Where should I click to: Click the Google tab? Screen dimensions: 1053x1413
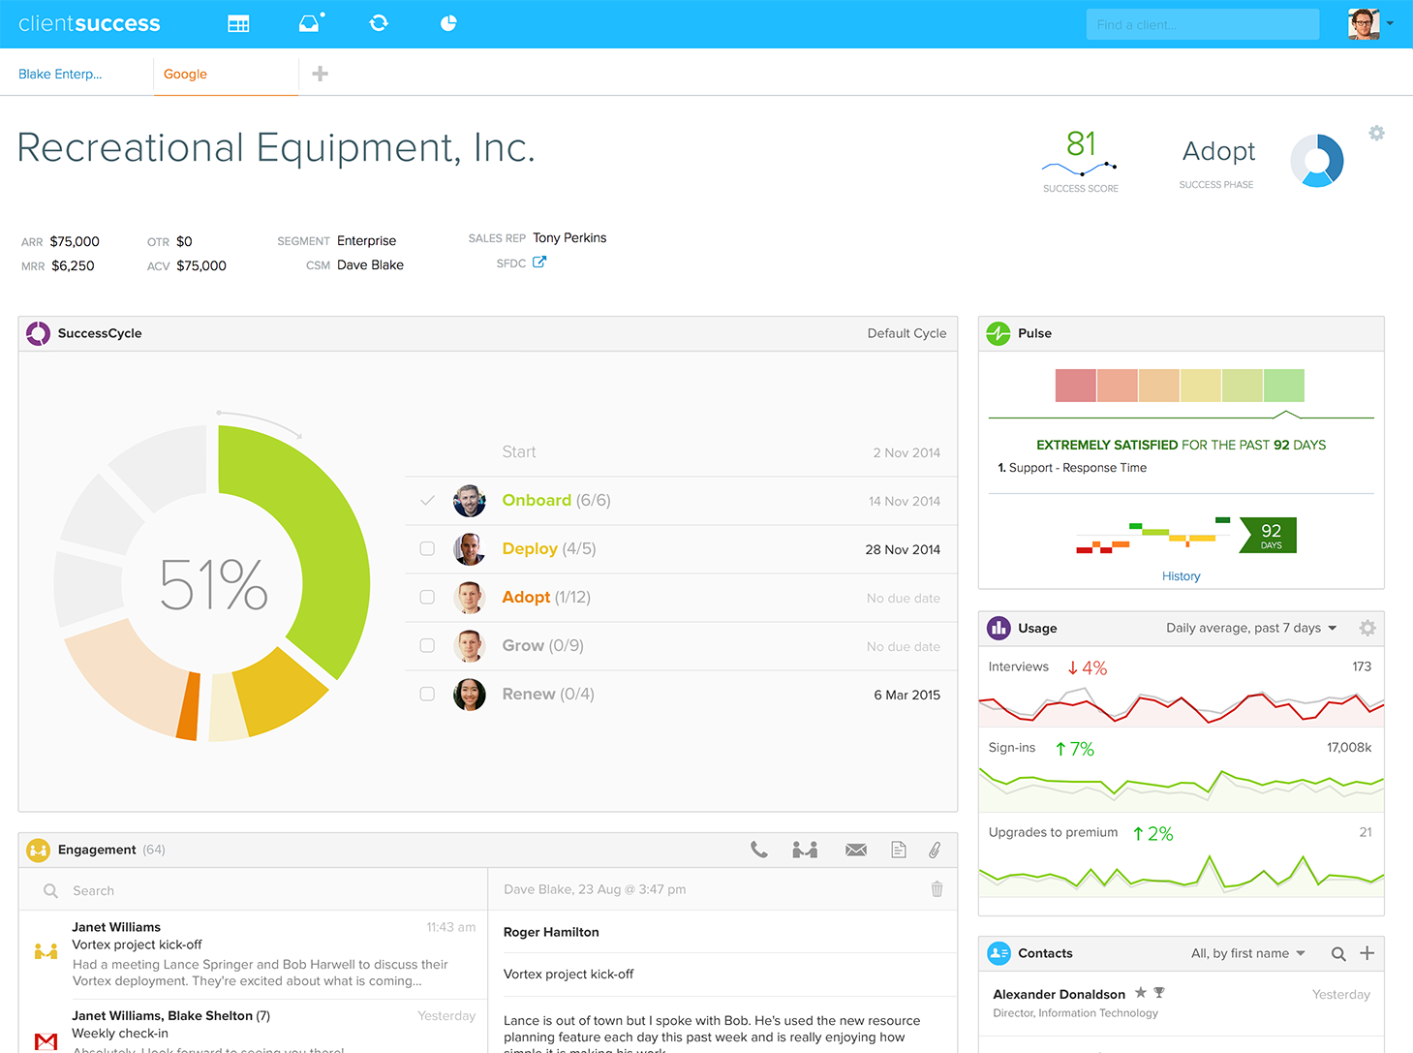coord(185,75)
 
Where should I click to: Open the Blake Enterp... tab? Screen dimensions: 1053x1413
coord(60,75)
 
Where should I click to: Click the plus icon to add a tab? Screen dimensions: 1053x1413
coord(320,74)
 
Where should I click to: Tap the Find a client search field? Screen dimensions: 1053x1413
coord(1202,25)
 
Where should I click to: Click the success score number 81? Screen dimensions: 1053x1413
coord(1081,144)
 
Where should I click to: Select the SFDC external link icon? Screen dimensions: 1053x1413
coord(539,262)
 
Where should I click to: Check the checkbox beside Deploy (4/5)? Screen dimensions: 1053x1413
coord(427,549)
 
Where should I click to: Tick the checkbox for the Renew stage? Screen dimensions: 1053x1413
coord(427,695)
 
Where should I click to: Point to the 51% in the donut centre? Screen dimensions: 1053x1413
coord(213,585)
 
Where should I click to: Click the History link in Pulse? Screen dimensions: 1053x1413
coord(1181,576)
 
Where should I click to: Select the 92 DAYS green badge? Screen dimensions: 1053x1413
coord(1269,535)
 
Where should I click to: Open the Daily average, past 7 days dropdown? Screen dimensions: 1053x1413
coord(1250,629)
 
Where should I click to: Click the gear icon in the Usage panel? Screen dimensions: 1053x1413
coord(1367,629)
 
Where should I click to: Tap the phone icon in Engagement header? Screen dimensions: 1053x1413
coord(759,851)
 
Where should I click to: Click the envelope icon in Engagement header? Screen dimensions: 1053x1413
coord(856,851)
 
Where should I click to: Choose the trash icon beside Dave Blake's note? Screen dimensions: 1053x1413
coord(937,889)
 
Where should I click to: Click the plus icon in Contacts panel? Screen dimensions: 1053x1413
coord(1367,953)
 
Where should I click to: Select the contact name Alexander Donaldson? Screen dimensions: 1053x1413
coord(1059,994)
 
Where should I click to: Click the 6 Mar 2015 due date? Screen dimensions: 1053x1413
coord(906,695)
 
